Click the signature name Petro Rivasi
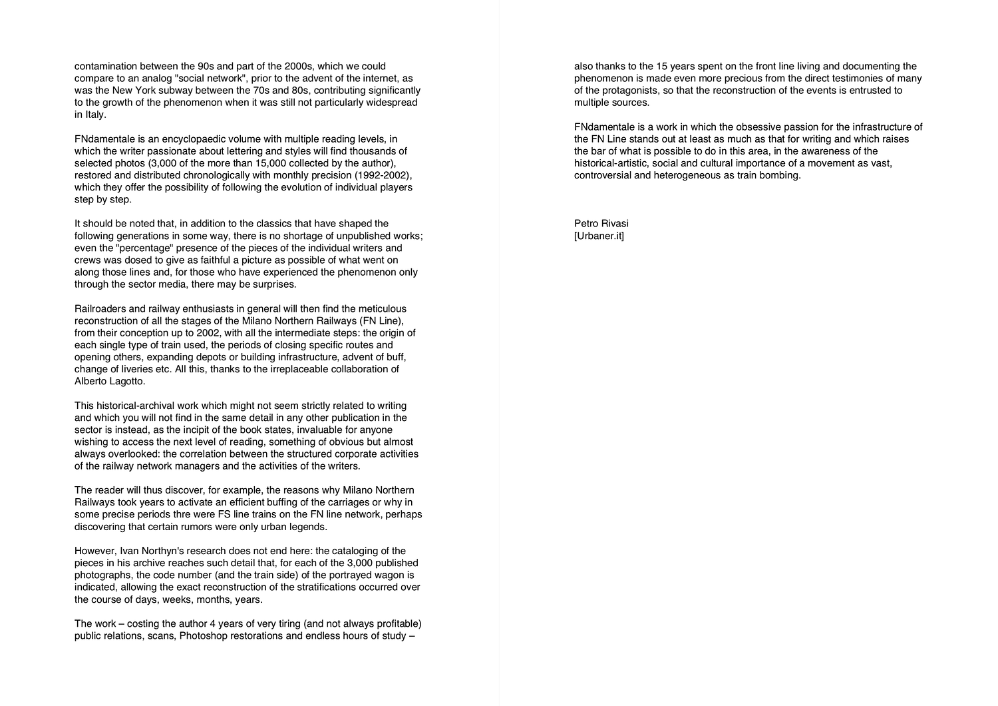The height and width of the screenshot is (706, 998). click(601, 223)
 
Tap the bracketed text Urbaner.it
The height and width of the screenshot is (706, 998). click(599, 236)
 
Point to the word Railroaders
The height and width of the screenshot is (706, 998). click(100, 309)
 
